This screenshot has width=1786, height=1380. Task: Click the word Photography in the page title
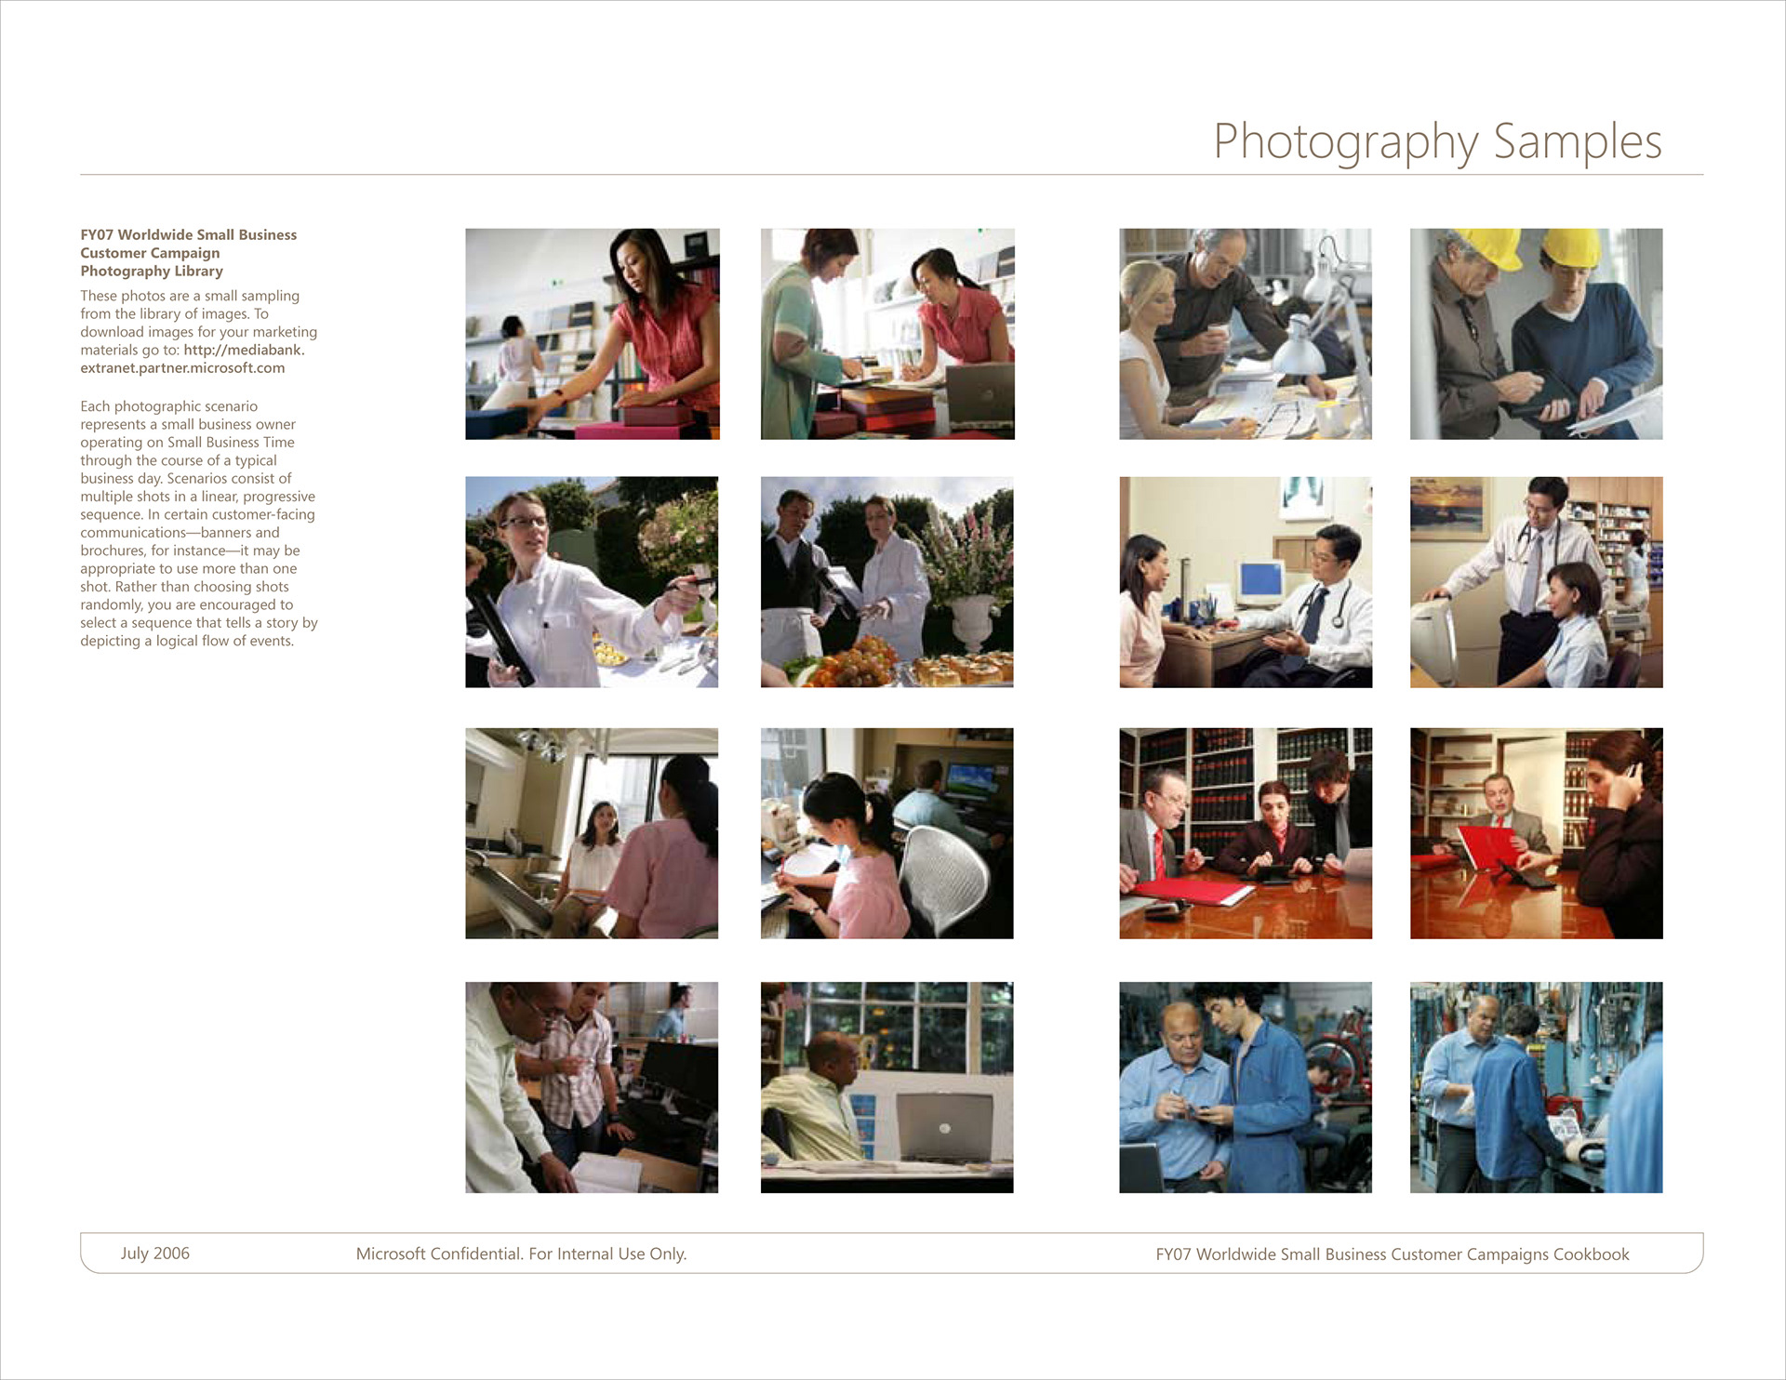[x=1345, y=142]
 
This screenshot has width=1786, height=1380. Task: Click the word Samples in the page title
[x=1578, y=142]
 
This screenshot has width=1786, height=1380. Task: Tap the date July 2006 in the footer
[x=154, y=1254]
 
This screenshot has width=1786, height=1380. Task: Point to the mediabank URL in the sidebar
[x=193, y=359]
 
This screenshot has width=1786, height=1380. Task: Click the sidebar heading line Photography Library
[x=152, y=272]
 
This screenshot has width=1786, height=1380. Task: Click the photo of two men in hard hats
[x=1536, y=334]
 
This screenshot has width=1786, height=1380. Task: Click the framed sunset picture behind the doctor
[x=1448, y=508]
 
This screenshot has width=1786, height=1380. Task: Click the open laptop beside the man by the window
[x=942, y=1127]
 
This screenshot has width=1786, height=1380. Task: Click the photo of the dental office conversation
[x=592, y=833]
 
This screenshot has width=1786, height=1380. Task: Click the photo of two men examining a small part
[x=1246, y=1087]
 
